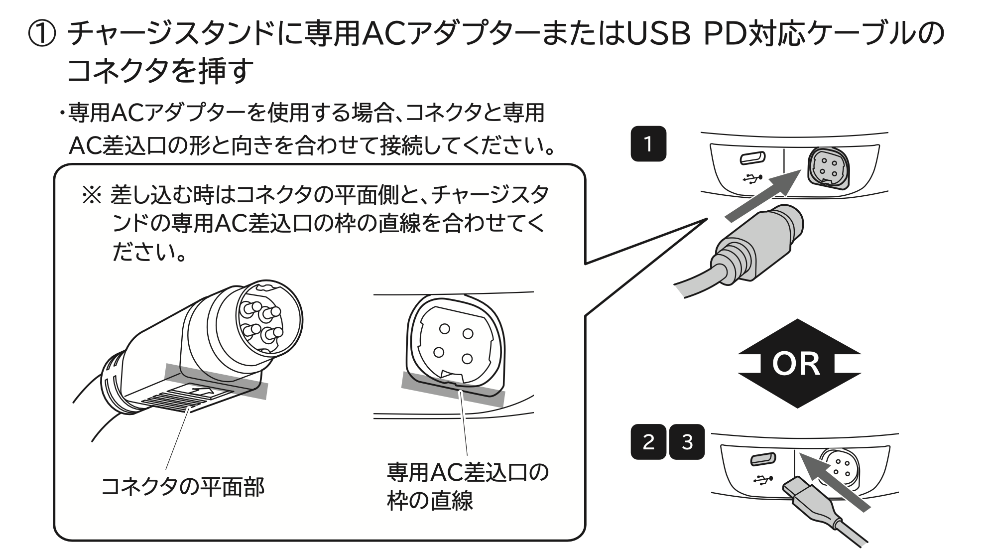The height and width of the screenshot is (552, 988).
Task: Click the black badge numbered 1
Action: click(648, 144)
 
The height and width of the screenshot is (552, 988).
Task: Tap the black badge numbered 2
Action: click(648, 441)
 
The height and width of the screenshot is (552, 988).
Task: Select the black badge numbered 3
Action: click(687, 441)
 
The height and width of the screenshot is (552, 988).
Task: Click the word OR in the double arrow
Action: click(795, 364)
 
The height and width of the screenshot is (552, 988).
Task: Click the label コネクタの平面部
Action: click(182, 487)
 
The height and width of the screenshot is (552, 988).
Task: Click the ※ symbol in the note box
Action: click(91, 195)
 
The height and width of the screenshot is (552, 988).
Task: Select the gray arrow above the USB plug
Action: click(837, 481)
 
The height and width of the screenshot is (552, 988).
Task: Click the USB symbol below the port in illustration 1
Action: click(752, 178)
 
